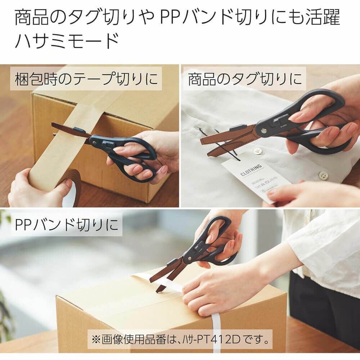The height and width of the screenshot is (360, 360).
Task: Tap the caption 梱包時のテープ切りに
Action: (86, 78)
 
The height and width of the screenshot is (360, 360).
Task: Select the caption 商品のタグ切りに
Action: (244, 78)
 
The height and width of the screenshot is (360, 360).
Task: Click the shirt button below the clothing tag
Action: (323, 176)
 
